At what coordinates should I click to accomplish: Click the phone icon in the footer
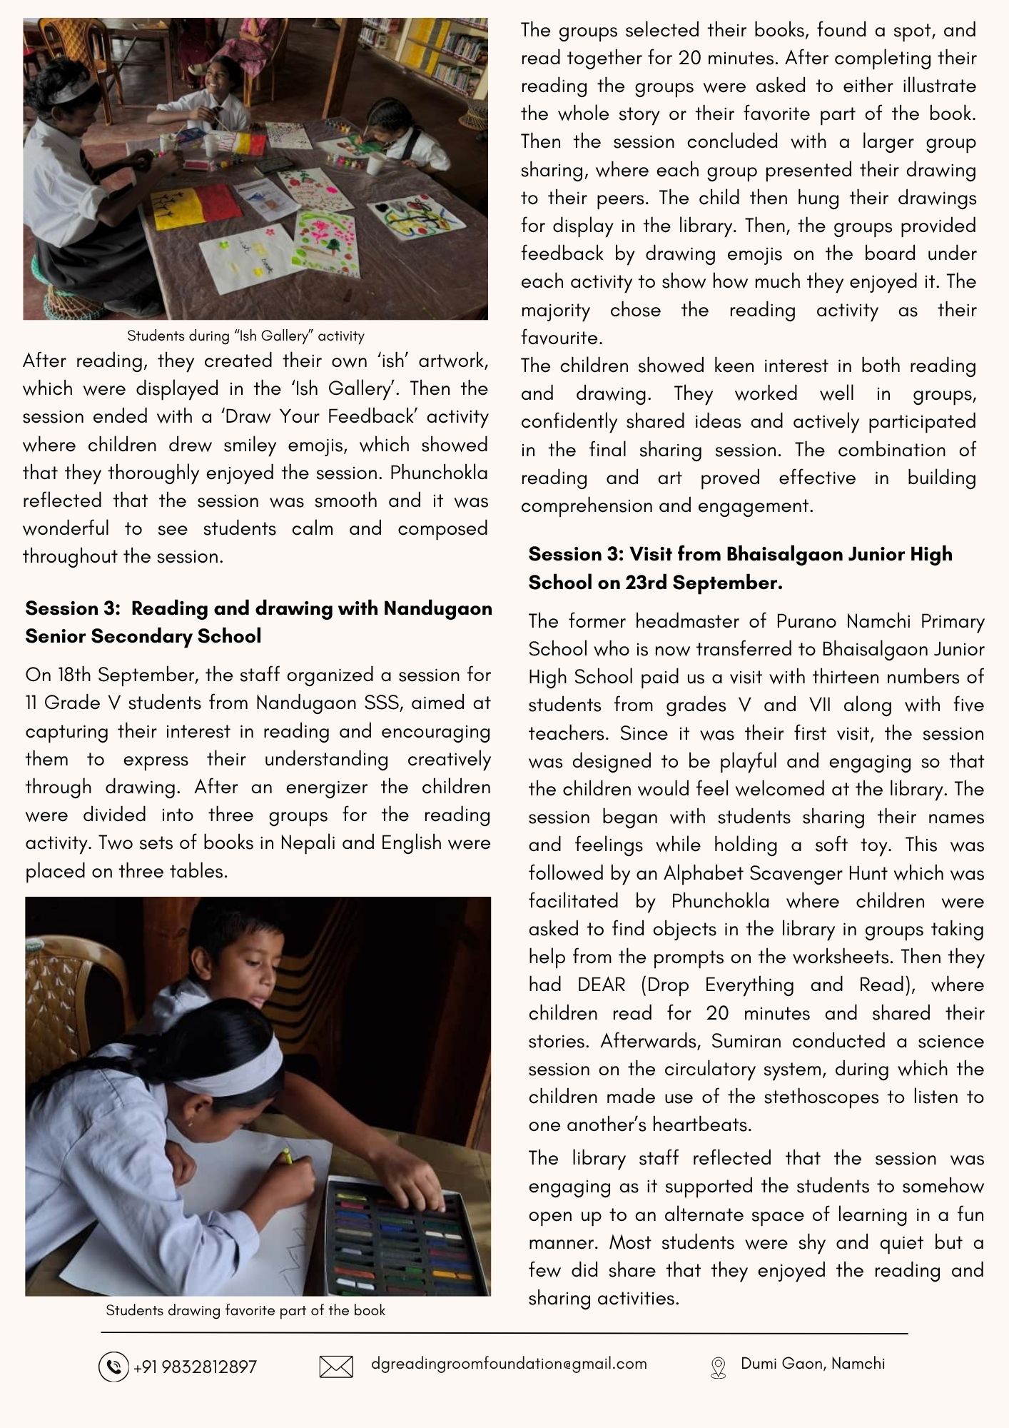pyautogui.click(x=113, y=1367)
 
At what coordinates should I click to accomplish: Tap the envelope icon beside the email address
pyautogui.click(x=336, y=1367)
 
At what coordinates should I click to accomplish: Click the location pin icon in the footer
pyautogui.click(x=718, y=1367)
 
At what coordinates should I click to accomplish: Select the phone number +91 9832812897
pyautogui.click(x=195, y=1367)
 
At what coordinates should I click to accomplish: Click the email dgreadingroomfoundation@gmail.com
pyautogui.click(x=509, y=1364)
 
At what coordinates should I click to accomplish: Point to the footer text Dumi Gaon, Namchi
pyautogui.click(x=813, y=1364)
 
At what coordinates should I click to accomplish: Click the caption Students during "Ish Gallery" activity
pyautogui.click(x=245, y=336)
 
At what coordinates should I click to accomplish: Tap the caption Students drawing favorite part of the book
pyautogui.click(x=245, y=1310)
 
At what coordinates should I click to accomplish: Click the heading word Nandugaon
pyautogui.click(x=438, y=608)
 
